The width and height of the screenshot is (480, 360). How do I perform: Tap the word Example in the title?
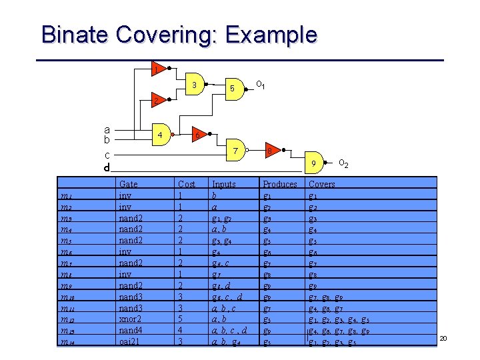267,35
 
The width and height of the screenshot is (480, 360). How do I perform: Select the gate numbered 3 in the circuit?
194,85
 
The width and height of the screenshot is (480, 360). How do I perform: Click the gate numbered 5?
231,88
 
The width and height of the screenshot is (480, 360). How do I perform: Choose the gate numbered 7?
235,151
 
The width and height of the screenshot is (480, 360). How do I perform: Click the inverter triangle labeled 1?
156,69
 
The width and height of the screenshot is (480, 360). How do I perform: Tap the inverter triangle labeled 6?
198,135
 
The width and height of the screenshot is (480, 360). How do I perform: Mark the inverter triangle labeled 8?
271,151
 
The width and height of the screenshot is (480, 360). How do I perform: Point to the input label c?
107,155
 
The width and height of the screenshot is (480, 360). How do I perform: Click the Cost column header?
187,183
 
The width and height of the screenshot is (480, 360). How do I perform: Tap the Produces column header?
280,183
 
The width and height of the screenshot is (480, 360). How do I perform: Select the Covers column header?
322,183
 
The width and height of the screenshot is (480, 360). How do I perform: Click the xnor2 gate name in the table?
130,320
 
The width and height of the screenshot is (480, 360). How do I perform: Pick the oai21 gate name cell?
129,342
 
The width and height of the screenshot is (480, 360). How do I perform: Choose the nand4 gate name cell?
131,331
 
